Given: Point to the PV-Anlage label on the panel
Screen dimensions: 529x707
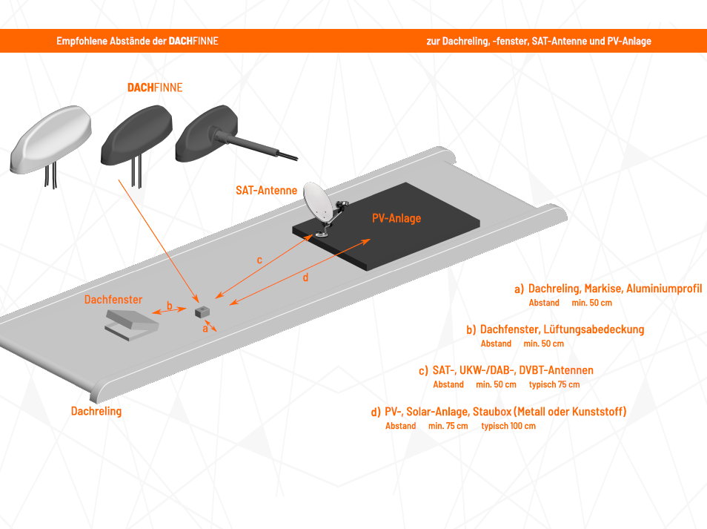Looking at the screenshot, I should tap(396, 218).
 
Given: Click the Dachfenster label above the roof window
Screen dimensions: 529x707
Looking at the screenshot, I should tap(113, 300).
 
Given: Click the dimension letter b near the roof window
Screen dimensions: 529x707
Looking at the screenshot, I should tap(169, 306).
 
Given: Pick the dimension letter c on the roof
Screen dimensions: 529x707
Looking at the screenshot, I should tap(259, 260).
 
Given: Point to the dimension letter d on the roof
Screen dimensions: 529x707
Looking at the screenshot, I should tap(305, 278).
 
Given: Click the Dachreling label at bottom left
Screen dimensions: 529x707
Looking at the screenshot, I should tap(96, 410).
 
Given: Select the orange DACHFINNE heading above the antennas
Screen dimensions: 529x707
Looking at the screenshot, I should tap(155, 88).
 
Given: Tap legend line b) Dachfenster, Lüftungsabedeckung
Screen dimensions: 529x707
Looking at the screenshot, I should tap(555, 329).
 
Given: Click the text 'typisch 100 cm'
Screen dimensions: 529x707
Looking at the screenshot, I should tap(508, 426).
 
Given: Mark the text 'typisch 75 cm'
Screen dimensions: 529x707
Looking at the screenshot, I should tap(554, 384).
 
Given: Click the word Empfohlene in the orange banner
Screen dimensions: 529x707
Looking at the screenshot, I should tap(82, 42).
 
